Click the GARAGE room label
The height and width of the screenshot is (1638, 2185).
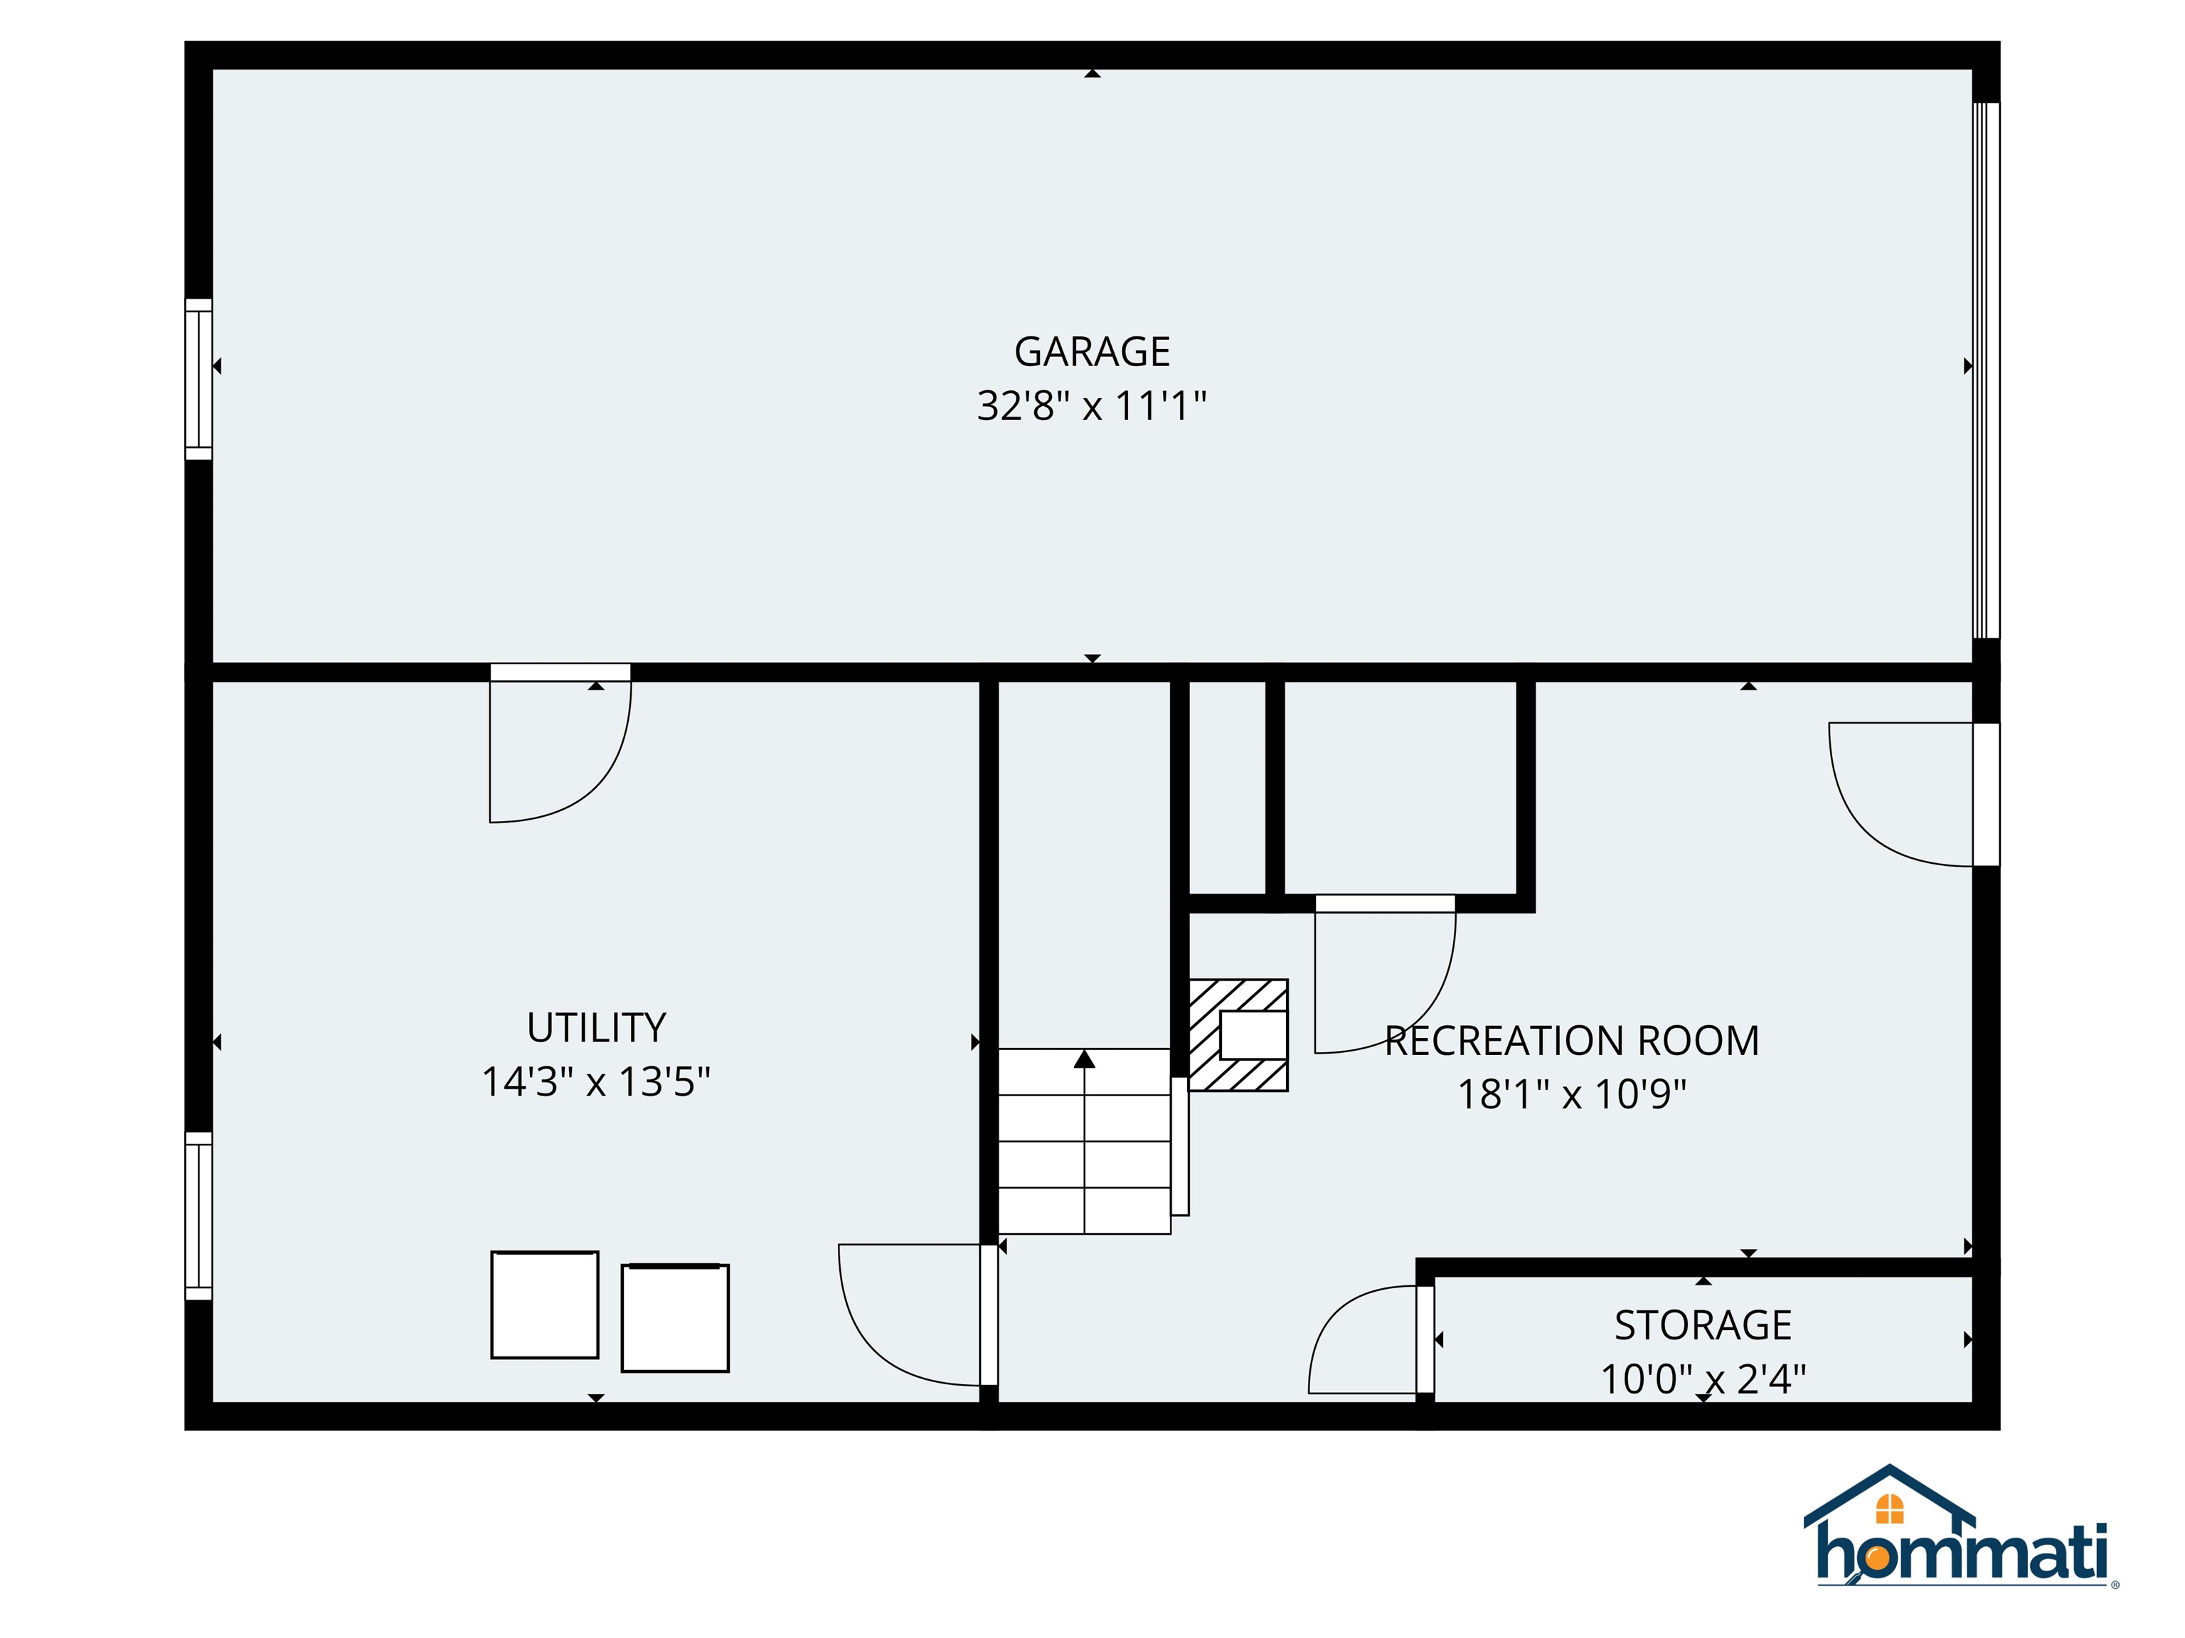click(1092, 351)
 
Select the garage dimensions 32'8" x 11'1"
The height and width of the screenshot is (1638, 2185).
click(1092, 406)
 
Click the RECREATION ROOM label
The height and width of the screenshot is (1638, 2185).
click(1572, 1041)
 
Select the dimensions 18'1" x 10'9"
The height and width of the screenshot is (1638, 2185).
click(1572, 1094)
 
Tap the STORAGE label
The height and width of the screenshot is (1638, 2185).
click(1703, 1325)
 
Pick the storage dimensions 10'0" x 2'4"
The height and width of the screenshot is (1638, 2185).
click(1703, 1379)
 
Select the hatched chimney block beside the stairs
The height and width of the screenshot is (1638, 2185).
click(1238, 1034)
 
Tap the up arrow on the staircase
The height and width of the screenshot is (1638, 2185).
click(1085, 1059)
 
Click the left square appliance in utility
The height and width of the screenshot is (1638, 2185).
click(544, 1305)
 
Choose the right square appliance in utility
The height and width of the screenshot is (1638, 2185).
click(675, 1317)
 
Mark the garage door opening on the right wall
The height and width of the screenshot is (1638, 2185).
click(1985, 370)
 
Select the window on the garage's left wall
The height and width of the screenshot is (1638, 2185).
click(198, 379)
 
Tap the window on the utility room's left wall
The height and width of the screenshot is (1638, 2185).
click(198, 1216)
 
